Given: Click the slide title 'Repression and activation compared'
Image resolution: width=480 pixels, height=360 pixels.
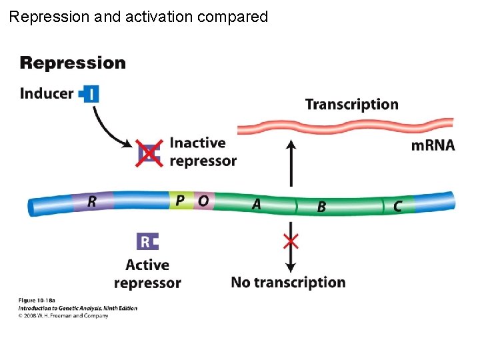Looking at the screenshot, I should tap(139, 17).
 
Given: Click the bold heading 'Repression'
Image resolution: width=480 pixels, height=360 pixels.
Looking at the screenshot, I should tap(73, 63).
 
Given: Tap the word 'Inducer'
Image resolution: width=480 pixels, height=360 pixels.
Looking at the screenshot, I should tap(47, 93).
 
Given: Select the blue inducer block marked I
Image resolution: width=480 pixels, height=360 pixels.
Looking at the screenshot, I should tap(89, 93).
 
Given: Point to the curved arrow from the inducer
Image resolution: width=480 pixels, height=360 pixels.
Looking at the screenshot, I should tap(107, 127).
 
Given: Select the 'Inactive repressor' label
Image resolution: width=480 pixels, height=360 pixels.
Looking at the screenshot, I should tap(203, 152).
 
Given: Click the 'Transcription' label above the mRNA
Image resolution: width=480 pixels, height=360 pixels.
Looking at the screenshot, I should tap(351, 105).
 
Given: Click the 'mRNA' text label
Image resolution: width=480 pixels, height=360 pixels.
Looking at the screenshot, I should tap(433, 146).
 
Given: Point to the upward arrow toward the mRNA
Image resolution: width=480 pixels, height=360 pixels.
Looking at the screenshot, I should tap(291, 163).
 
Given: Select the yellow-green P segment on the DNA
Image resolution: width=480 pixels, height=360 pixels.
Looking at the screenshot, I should tap(180, 200).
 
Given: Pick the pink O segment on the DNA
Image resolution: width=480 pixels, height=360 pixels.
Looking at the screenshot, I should tap(203, 200).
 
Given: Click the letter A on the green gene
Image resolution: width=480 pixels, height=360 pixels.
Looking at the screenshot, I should tap(256, 204).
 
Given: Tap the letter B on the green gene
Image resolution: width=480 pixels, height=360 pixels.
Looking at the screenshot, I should tap(321, 207).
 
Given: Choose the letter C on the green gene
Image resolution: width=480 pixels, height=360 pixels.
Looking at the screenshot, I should tap(397, 207).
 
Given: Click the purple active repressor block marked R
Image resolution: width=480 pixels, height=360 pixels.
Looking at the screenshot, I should tap(147, 241).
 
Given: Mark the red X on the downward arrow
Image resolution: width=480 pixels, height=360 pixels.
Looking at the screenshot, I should tap(291, 241).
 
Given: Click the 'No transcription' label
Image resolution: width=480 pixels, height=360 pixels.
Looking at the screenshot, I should tap(288, 283).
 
